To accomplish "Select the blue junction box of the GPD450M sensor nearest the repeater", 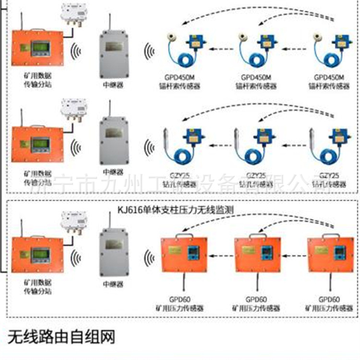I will (x=195, y=41).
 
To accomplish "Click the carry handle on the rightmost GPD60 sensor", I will (x=327, y=234).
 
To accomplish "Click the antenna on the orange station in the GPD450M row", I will (x=22, y=19).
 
